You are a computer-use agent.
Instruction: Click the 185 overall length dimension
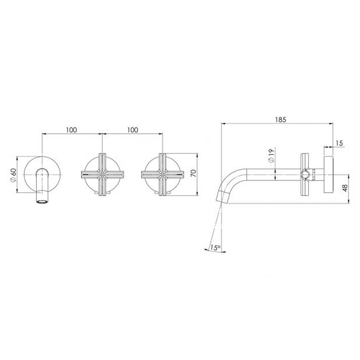[x=281, y=120]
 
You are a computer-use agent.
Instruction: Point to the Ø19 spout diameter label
[x=270, y=155]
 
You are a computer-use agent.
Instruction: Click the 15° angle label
[x=215, y=248]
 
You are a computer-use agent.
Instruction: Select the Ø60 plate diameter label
[x=13, y=175]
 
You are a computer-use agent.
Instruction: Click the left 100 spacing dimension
[x=71, y=130]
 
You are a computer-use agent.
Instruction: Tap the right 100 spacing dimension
[x=132, y=130]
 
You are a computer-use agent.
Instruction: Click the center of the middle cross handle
[x=102, y=174]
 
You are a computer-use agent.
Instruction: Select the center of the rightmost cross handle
[x=162, y=174]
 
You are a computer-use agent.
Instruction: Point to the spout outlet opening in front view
[x=42, y=202]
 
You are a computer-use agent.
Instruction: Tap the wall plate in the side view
[x=328, y=174]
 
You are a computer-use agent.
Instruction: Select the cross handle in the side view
[x=305, y=174]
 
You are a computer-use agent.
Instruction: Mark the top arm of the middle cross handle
[x=102, y=160]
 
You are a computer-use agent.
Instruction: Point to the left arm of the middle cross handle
[x=88, y=174]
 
